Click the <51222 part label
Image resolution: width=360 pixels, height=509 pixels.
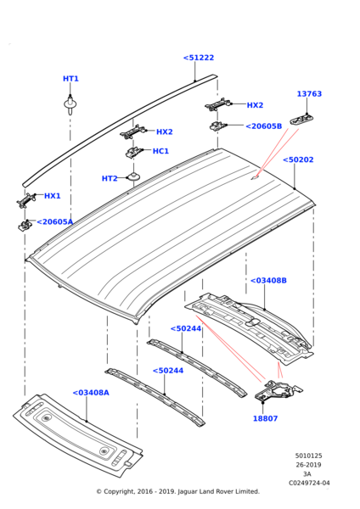[198, 58]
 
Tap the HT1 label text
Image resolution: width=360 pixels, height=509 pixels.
[70, 79]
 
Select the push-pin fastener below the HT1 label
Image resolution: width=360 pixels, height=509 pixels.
[70, 105]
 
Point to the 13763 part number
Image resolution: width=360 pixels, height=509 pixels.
[309, 94]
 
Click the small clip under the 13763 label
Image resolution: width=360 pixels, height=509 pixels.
[304, 120]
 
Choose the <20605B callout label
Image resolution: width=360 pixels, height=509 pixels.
[263, 126]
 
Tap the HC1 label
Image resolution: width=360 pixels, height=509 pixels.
[160, 151]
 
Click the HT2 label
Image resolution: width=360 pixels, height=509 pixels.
[110, 179]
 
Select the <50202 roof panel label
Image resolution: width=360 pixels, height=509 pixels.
[298, 159]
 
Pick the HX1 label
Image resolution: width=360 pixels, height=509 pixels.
[53, 196]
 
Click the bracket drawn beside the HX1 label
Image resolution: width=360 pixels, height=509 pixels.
[26, 200]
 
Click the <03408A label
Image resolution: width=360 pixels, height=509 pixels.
[91, 393]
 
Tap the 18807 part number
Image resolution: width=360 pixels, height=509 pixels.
[265, 418]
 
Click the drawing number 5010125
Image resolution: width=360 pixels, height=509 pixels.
[308, 456]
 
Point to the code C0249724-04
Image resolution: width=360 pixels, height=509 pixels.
[308, 484]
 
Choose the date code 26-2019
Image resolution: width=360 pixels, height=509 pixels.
[308, 465]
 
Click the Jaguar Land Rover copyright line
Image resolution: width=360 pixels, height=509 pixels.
[177, 491]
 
